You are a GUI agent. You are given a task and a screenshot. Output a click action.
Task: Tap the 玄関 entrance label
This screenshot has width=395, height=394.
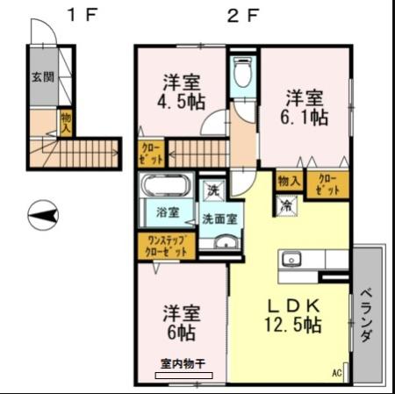[40, 76]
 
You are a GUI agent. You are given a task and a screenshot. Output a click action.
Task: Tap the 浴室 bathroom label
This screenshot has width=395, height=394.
[168, 211]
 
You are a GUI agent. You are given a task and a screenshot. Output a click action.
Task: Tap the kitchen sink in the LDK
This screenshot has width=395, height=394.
[291, 260]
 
